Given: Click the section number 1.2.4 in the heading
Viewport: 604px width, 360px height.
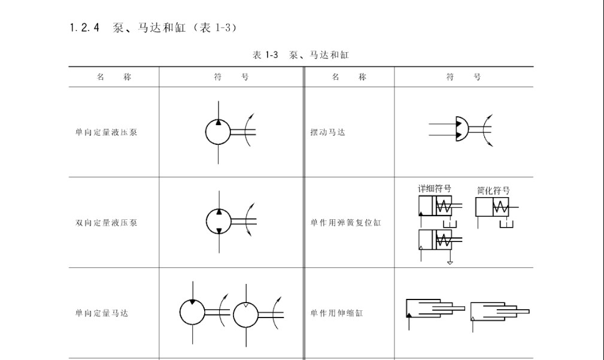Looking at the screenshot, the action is (84, 28).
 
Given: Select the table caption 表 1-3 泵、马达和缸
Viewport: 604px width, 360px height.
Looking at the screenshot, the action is (301, 55).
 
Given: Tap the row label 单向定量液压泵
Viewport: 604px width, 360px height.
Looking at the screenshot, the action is (107, 132).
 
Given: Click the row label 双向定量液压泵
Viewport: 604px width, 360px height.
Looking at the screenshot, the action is (107, 222).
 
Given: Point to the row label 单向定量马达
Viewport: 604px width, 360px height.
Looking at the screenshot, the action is (102, 313).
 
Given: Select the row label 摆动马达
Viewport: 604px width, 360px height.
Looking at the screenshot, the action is (328, 132).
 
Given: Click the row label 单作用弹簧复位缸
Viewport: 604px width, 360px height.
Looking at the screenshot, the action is (346, 222).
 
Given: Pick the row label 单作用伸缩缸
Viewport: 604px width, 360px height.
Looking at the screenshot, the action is (337, 313).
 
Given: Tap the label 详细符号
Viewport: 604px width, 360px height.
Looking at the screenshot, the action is (435, 189).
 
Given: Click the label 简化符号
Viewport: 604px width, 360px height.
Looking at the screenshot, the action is (493, 190).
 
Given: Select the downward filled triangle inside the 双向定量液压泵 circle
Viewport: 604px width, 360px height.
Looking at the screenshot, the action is (219, 231).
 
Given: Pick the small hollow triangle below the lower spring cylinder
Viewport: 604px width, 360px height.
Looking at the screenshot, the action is (450, 263).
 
